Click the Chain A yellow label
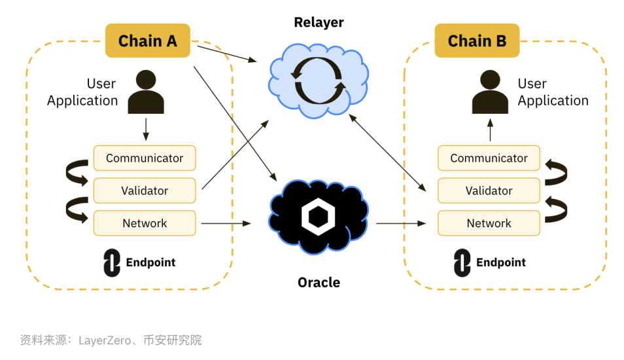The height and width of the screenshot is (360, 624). (x=148, y=41)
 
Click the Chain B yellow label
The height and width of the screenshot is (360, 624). (x=477, y=41)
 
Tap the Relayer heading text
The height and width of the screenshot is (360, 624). (x=319, y=22)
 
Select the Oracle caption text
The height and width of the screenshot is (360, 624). (x=319, y=282)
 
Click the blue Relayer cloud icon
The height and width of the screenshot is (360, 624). (x=318, y=79)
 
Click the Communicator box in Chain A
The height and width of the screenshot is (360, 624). (x=145, y=158)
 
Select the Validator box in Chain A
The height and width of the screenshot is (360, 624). (x=145, y=190)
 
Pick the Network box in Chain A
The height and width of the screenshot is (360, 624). (x=145, y=223)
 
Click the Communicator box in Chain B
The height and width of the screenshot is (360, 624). (x=489, y=158)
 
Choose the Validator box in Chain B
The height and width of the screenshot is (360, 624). (x=489, y=190)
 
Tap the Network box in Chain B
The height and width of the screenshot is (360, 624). (x=489, y=223)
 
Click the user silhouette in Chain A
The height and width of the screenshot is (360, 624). (x=146, y=93)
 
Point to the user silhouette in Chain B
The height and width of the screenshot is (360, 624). (x=490, y=93)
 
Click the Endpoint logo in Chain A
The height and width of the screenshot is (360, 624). (x=112, y=262)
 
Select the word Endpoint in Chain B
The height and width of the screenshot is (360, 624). (x=501, y=262)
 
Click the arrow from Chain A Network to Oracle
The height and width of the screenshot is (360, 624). (x=226, y=223)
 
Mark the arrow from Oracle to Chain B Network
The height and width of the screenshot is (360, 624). (x=401, y=223)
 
